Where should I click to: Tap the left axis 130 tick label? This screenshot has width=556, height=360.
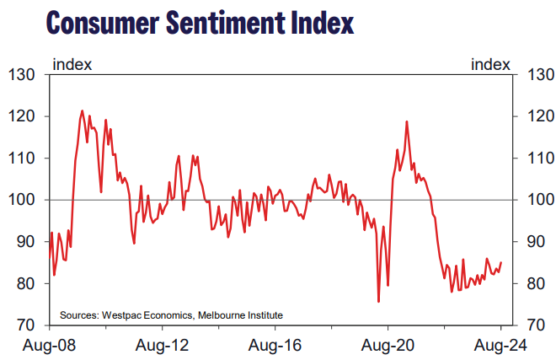tap(22, 75)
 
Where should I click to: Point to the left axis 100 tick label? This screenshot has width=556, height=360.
tap(22, 200)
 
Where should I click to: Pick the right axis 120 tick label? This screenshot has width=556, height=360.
tap(538, 116)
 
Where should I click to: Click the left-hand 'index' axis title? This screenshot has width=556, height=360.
tap(72, 64)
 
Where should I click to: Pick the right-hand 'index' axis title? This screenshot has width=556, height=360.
tap(490, 64)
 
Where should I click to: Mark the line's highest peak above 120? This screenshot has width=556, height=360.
tap(83, 110)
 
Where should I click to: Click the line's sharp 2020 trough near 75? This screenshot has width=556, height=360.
tap(378, 301)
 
